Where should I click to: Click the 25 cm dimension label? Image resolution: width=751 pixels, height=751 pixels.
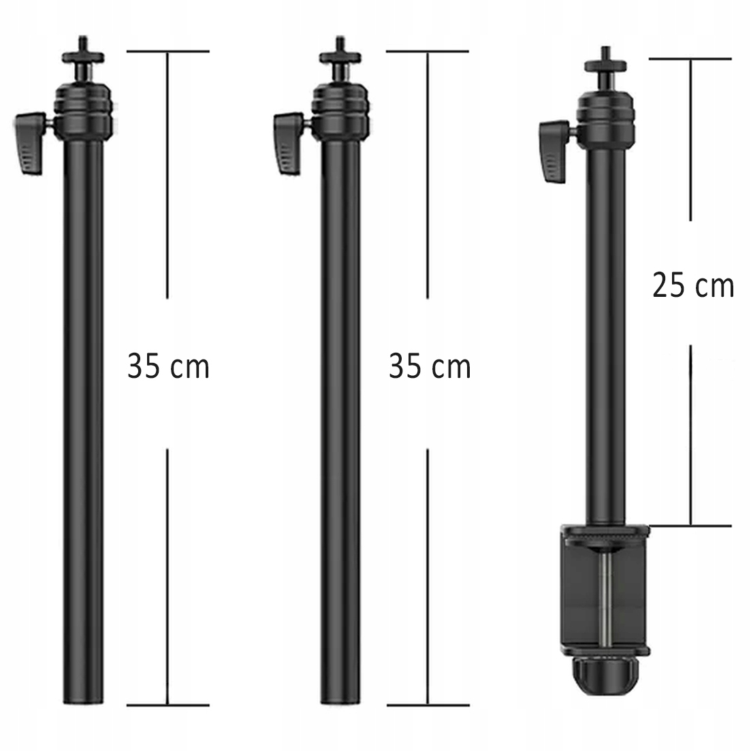[x=693, y=286]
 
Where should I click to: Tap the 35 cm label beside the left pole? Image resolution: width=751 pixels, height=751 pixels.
[x=168, y=366]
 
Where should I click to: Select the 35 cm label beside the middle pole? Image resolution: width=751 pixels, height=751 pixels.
[x=430, y=366]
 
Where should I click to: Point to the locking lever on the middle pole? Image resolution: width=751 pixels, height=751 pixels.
[x=288, y=143]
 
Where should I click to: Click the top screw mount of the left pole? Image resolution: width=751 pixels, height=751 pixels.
[x=83, y=56]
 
